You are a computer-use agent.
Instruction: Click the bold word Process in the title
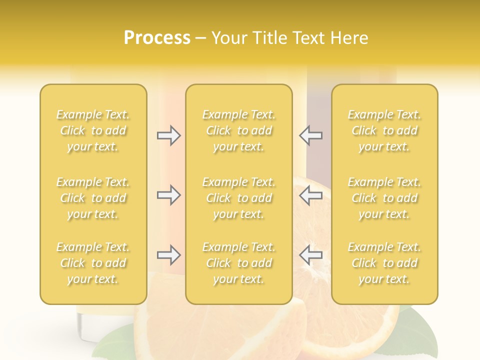157,38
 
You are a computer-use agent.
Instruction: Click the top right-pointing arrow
168,135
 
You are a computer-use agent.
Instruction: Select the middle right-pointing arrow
168,195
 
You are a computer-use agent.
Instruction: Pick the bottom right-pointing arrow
168,255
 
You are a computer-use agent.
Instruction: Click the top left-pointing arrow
311,135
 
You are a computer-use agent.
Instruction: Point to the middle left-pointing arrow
311,195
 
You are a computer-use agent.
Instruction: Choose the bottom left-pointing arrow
311,255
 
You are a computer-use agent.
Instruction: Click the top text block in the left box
93,130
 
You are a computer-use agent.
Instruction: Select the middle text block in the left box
93,198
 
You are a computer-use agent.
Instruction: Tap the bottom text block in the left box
93,263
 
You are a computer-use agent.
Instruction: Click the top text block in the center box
238,130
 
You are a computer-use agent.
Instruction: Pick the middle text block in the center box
238,198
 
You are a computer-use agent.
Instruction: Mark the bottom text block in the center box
238,263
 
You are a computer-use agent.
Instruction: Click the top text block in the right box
384,130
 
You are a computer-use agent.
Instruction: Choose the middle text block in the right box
384,198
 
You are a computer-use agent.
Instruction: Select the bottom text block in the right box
384,263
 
